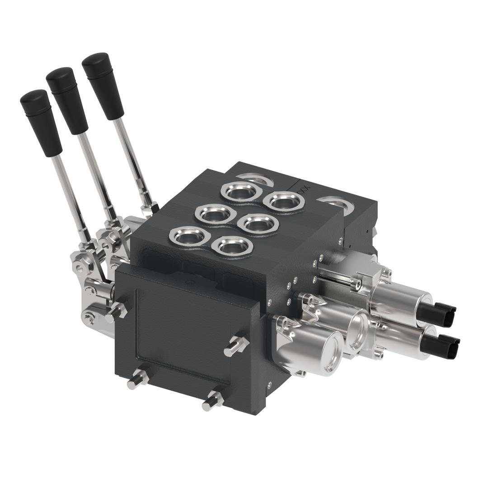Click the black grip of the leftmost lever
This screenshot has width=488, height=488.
[41, 122]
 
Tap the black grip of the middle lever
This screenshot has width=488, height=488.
[67, 100]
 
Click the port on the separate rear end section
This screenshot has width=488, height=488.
[339, 204]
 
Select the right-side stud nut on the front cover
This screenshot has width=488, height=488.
[236, 346]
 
